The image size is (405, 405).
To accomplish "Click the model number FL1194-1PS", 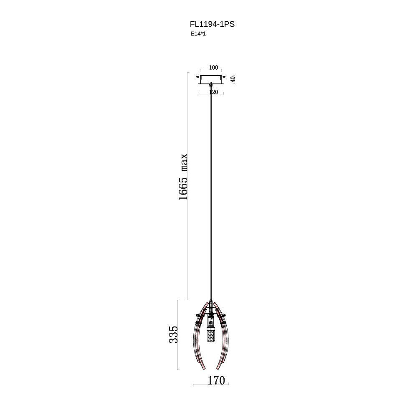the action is click(212, 24).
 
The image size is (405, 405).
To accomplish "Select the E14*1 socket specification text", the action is click(198, 33).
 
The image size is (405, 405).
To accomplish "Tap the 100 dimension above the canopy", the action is click(213, 67).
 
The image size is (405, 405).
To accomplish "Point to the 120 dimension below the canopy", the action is click(214, 92).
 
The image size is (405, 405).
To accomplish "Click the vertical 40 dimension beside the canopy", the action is click(233, 79).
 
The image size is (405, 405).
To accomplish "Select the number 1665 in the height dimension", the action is click(183, 189).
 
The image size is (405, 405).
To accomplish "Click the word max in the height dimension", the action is click(184, 162).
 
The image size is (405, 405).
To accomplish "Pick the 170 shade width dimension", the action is click(216, 380).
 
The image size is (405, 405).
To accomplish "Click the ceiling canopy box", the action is click(211, 80).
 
